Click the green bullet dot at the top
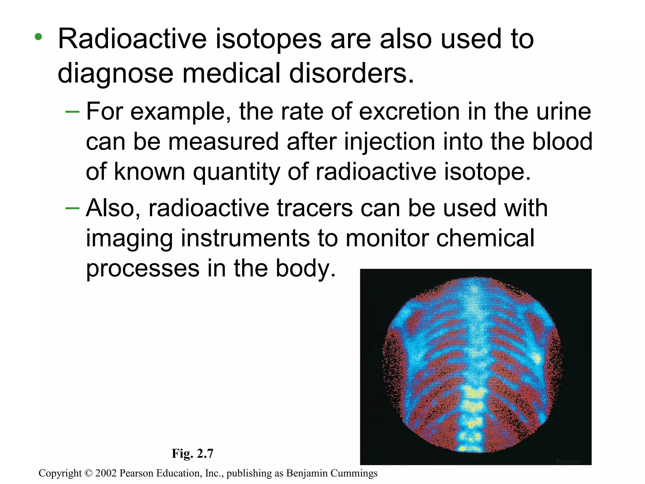coord(38,37)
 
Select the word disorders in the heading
coord(351,73)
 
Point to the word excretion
coord(409,112)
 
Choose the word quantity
coord(236,172)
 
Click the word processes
coord(143,268)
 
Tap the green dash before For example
coord(72,112)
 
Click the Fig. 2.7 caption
coord(192,453)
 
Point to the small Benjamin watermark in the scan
coord(568,462)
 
